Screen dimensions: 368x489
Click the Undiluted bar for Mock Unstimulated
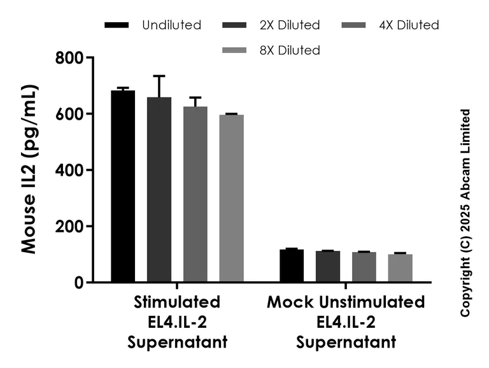[x=292, y=265]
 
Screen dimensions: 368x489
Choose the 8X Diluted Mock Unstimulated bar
[x=400, y=268]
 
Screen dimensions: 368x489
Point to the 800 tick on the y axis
[x=69, y=58]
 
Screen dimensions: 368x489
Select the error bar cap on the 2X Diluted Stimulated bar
[x=159, y=76]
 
